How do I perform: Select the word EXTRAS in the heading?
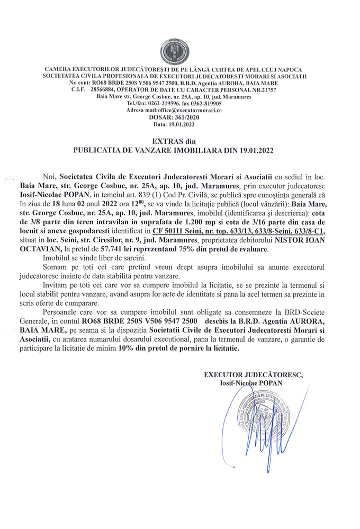[x=165, y=141]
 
